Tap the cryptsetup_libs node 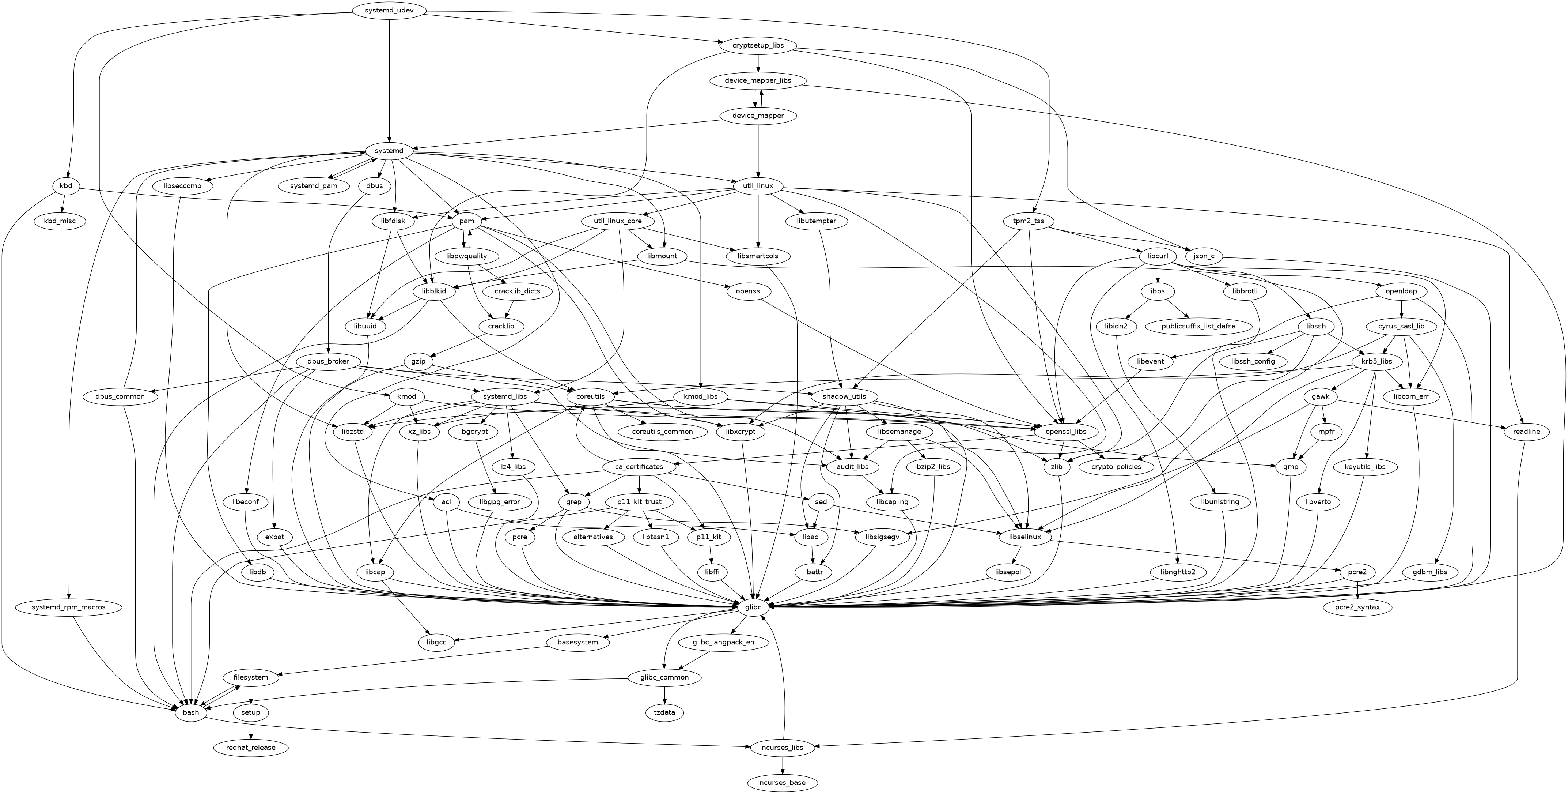757,46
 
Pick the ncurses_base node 783,782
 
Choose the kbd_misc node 60,221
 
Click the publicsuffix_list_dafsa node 1197,326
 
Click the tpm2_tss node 1029,221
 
